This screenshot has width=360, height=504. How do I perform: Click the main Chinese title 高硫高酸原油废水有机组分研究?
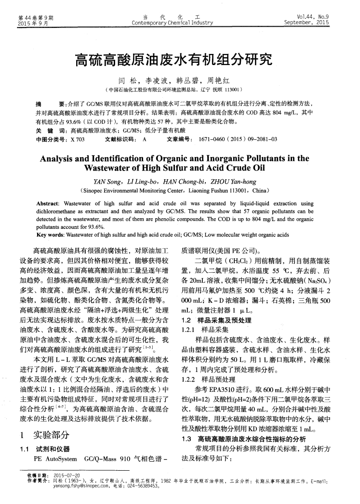180,60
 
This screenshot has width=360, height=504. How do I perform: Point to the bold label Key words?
52,235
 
